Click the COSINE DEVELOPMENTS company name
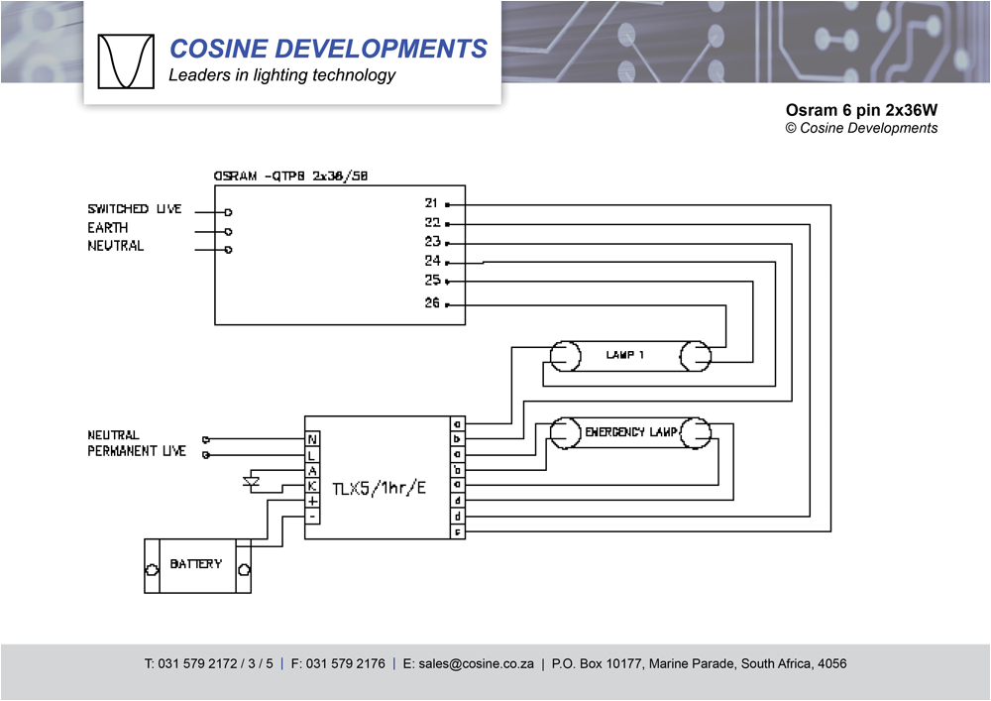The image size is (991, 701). (x=328, y=49)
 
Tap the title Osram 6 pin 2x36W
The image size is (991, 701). (x=860, y=110)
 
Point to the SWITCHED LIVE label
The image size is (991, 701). (x=135, y=209)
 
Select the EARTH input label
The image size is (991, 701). (x=107, y=228)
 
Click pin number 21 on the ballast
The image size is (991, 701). (x=432, y=203)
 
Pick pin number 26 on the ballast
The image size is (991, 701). (x=432, y=303)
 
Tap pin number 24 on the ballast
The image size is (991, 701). (x=432, y=262)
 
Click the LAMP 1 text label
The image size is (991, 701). (x=625, y=355)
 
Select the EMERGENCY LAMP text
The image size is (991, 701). (x=631, y=432)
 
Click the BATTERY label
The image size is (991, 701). (x=195, y=564)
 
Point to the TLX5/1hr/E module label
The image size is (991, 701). (x=379, y=488)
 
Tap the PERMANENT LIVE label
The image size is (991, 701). (x=137, y=452)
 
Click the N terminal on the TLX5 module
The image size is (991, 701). (x=312, y=438)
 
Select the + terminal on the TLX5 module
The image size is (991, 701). (x=312, y=502)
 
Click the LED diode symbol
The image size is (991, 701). (x=251, y=483)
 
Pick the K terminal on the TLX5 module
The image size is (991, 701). (x=312, y=486)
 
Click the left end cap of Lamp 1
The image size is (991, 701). (x=564, y=355)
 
